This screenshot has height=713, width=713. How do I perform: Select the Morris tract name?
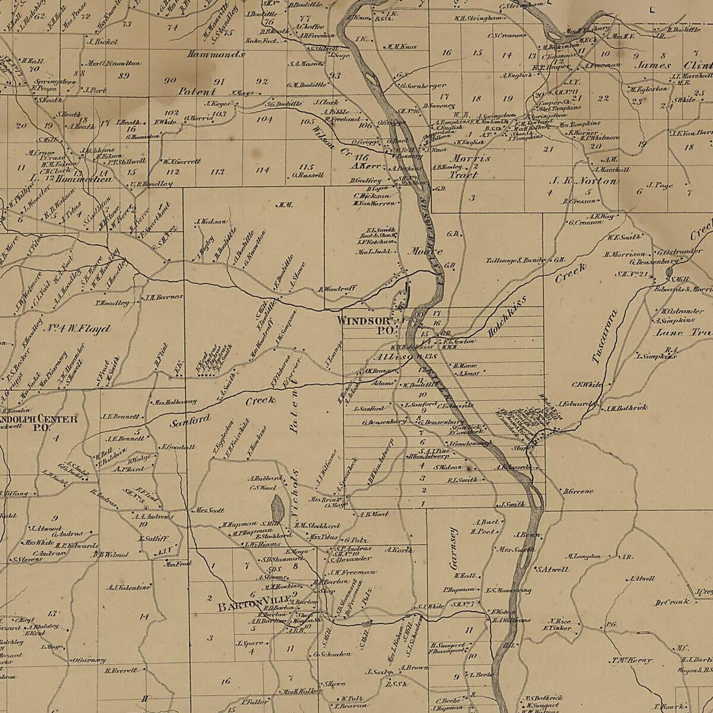470,159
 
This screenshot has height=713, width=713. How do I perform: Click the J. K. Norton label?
583,181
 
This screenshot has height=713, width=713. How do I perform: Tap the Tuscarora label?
604,336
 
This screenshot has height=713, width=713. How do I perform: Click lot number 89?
124,75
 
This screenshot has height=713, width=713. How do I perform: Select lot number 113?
217,172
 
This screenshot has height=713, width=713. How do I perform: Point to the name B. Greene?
578,491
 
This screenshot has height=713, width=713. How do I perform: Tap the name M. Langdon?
583,557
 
